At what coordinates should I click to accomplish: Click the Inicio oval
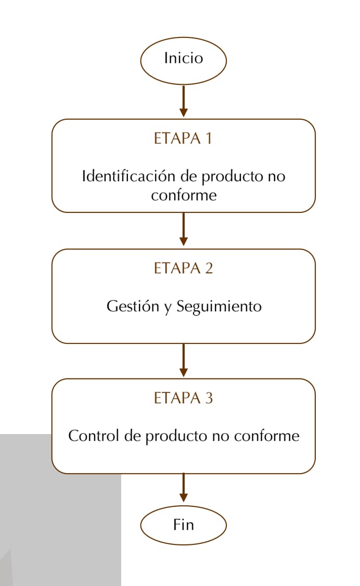(x=183, y=60)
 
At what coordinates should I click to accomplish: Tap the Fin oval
(x=183, y=525)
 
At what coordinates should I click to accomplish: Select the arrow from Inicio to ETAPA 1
(x=183, y=101)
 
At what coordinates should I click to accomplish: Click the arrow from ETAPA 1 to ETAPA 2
(x=183, y=229)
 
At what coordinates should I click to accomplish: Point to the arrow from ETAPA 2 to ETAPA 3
(x=183, y=360)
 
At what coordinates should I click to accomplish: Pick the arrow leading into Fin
(x=183, y=488)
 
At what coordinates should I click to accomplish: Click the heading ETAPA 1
(x=183, y=138)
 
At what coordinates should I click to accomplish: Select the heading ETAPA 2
(x=183, y=269)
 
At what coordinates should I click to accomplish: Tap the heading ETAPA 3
(x=183, y=398)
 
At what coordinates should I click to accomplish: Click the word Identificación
(x=129, y=176)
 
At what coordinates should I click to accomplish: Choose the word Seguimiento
(x=219, y=307)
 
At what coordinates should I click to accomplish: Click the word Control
(x=94, y=436)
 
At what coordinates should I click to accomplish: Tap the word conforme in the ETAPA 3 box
(x=267, y=436)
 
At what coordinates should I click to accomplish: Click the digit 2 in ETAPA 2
(x=209, y=269)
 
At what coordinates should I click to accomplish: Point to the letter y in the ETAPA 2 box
(x=168, y=309)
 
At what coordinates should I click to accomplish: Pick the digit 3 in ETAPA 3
(x=209, y=399)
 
